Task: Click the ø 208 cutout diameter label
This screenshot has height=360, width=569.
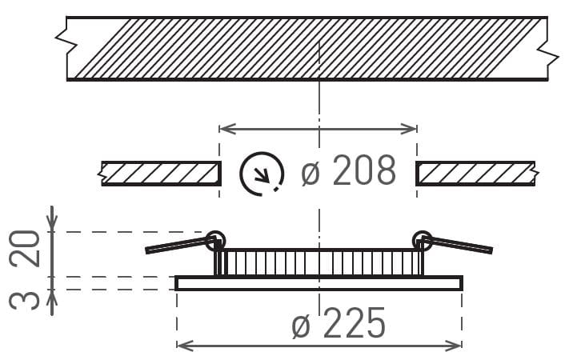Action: (348, 170)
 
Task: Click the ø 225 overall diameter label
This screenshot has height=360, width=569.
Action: (339, 322)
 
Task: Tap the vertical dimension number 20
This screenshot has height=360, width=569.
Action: (24, 249)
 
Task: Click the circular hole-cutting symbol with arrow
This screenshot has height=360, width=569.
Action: (261, 174)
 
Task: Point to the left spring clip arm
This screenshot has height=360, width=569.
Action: (178, 245)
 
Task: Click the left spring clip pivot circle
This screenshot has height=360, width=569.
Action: (215, 240)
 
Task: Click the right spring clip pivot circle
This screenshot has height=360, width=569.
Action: (423, 240)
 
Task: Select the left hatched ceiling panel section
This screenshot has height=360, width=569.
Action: (160, 174)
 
